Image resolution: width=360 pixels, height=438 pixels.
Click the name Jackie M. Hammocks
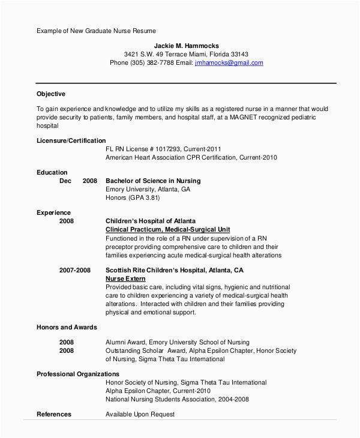(187, 45)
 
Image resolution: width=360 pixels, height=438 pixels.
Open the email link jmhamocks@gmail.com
(229, 62)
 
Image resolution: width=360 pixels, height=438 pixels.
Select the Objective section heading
(51, 94)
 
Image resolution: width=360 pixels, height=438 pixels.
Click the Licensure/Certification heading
(75, 139)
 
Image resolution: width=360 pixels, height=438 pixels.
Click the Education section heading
(52, 172)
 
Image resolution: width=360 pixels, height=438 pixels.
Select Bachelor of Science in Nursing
(153, 181)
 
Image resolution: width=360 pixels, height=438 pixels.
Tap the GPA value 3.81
(169, 197)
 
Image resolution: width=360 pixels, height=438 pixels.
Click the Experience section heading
(53, 212)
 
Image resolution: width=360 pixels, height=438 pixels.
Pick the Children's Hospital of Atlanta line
(151, 221)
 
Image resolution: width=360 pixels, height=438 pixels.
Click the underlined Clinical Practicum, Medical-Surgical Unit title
(168, 229)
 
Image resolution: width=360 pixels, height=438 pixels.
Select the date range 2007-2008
(75, 270)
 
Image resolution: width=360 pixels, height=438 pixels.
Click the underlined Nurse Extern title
(125, 278)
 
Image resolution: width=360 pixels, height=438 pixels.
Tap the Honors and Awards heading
(67, 327)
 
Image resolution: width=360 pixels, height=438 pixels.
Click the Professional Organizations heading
(77, 373)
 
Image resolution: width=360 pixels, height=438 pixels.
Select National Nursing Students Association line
(177, 398)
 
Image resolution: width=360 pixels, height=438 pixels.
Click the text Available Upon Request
(140, 414)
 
